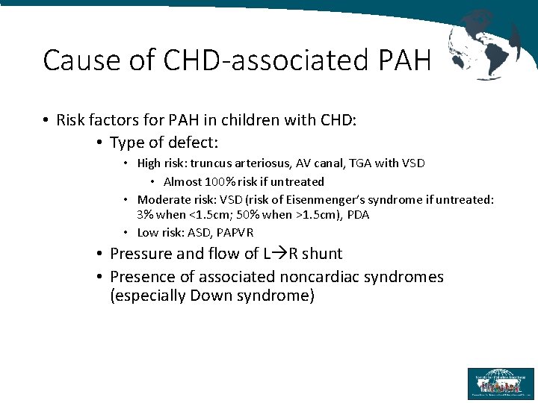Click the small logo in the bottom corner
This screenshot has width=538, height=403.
[x=501, y=384]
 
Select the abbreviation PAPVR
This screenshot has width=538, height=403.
[x=235, y=232]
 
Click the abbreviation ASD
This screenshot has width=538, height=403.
[x=200, y=232]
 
